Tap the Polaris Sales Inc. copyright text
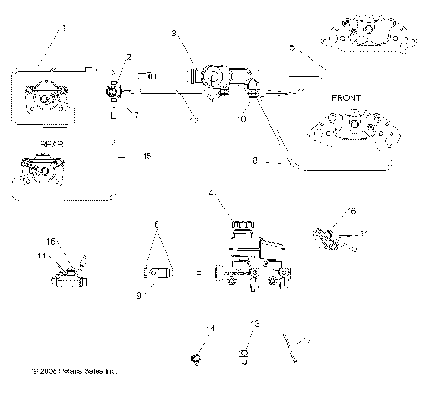[x=74, y=371]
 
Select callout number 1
[x=64, y=28]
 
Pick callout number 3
[x=173, y=34]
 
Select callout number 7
[x=136, y=115]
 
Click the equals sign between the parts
[x=198, y=271]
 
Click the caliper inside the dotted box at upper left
[x=42, y=97]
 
